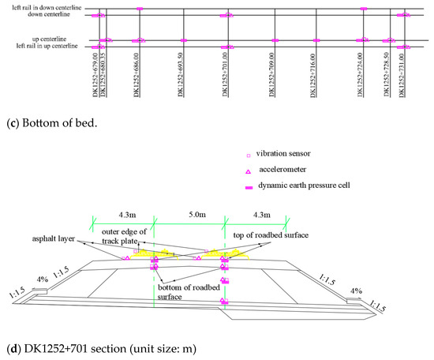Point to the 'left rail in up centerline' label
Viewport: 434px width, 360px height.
[x=43, y=47]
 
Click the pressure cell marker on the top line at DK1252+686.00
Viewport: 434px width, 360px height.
[x=139, y=9]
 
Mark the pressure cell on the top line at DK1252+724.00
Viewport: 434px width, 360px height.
[x=363, y=9]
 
